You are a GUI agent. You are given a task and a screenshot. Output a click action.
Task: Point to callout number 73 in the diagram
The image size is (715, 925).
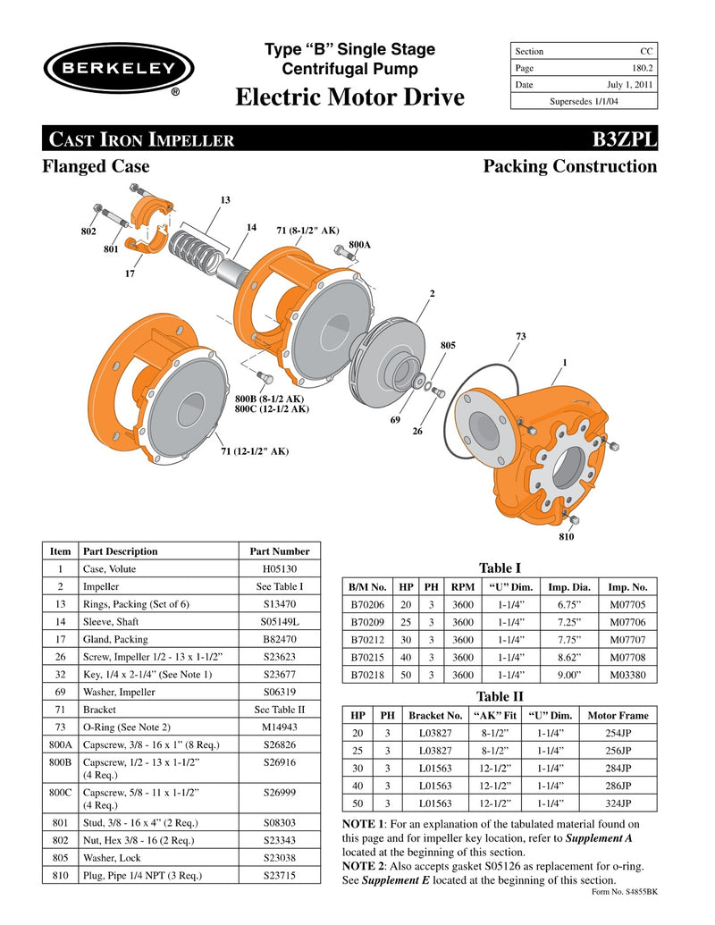pos(521,336)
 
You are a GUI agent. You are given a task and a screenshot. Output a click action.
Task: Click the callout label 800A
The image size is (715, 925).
pos(359,244)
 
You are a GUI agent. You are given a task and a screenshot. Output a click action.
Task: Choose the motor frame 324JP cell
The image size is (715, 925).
pos(618,803)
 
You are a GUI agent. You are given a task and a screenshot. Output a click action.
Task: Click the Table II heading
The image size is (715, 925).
pos(500,696)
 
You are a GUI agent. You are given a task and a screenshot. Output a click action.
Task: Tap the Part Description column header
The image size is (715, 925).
pos(120,551)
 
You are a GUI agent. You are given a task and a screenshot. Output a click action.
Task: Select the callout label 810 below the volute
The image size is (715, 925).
pos(566,536)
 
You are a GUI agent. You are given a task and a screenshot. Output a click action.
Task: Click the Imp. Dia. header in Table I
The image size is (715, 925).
pos(568,587)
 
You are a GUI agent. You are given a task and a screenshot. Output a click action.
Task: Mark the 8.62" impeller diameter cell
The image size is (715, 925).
pos(568,657)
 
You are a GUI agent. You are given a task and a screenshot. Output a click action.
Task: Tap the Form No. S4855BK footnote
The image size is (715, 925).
pos(625,892)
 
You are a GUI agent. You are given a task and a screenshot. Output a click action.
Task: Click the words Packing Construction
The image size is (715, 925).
pos(569,166)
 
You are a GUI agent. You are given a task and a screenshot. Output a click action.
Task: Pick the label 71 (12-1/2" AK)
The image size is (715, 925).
pos(255,451)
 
